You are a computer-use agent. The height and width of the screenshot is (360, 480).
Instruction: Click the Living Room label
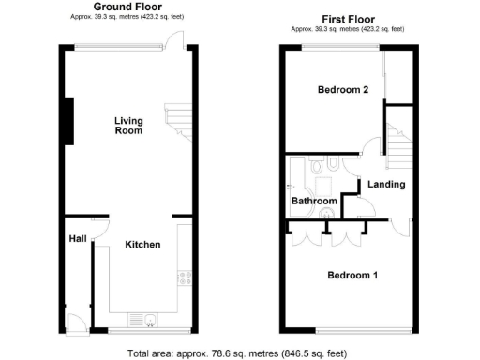click(128, 125)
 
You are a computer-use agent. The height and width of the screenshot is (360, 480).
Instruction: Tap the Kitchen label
click(142, 244)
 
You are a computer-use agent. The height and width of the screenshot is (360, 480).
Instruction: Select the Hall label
click(78, 239)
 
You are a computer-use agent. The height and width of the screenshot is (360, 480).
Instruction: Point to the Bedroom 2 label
click(342, 90)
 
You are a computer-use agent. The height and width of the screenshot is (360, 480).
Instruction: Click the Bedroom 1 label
click(352, 276)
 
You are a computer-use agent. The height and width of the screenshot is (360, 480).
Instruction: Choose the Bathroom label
click(313, 201)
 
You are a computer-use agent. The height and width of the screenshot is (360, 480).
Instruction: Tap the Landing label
click(385, 184)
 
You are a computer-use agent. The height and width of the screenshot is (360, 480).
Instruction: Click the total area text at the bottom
click(239, 353)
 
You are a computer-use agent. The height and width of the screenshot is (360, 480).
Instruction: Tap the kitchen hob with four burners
click(184, 277)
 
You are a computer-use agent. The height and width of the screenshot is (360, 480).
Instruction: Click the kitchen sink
click(143, 319)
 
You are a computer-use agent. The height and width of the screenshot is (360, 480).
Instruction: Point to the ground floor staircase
click(177, 120)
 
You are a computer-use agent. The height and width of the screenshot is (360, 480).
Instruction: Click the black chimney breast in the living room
click(68, 121)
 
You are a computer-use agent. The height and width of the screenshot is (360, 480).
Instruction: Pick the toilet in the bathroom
click(319, 167)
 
